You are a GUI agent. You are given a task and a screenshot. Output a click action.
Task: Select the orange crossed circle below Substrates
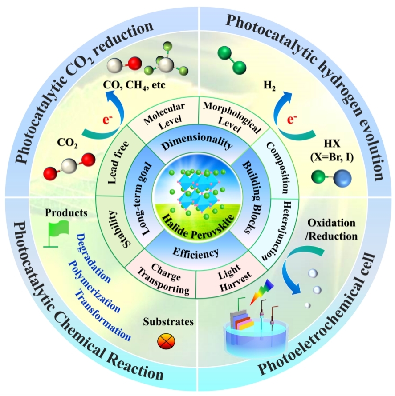click(167, 341)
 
